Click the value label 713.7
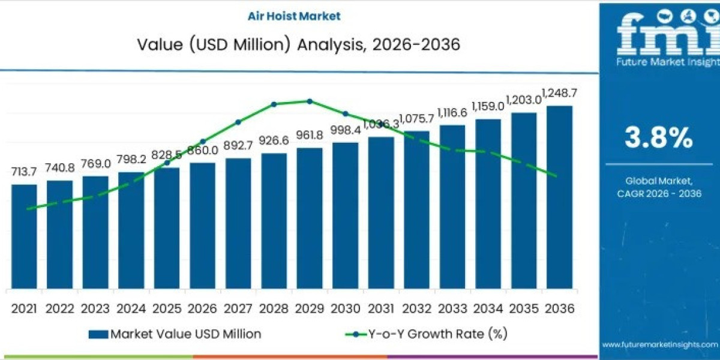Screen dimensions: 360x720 point(24,172)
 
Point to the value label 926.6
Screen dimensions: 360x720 point(274,140)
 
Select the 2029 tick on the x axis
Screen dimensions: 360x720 point(310,308)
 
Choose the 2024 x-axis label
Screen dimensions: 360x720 point(131,308)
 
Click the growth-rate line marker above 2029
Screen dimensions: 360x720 point(310,101)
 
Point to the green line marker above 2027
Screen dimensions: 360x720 point(238,122)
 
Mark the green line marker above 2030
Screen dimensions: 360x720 point(345,113)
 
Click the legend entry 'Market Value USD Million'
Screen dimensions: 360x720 point(175,334)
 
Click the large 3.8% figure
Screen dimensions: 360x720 point(659,139)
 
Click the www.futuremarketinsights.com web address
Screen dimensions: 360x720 point(659,344)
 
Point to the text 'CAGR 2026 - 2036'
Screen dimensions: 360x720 point(659,193)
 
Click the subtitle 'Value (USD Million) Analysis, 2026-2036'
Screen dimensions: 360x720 point(299,45)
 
